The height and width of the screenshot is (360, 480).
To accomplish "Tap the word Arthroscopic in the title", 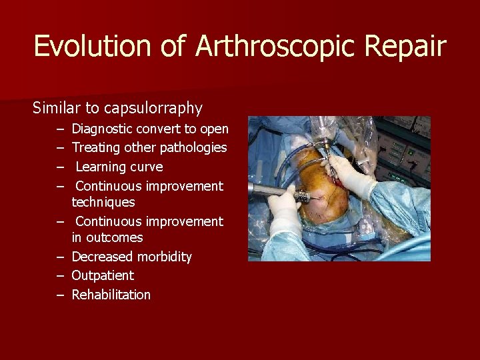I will pyautogui.click(x=249, y=46).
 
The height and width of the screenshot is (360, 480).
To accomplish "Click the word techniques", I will pyautogui.click(x=103, y=202).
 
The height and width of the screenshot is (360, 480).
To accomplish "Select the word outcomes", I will pyautogui.click(x=107, y=237).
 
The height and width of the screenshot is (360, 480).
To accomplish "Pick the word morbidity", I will pyautogui.click(x=165, y=257).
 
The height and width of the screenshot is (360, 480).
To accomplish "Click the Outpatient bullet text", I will pyautogui.click(x=103, y=275).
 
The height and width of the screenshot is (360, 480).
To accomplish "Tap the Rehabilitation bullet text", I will pyautogui.click(x=111, y=295).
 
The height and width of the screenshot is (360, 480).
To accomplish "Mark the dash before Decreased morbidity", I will pyautogui.click(x=60, y=257).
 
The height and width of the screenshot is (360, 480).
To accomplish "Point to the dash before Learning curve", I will pyautogui.click(x=60, y=167).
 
